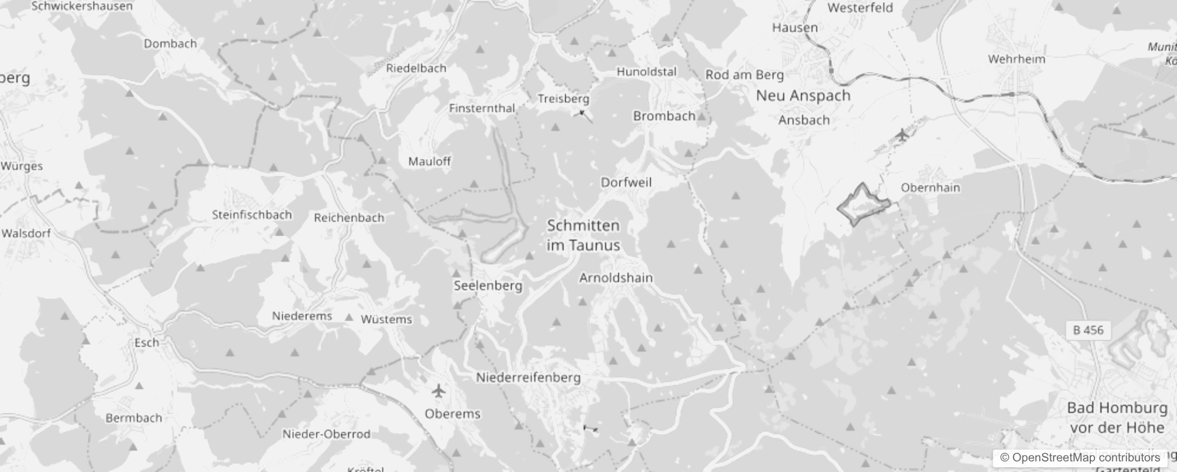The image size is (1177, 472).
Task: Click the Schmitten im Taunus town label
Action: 583,235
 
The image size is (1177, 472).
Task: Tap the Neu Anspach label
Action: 803,96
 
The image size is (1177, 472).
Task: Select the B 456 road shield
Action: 1088,330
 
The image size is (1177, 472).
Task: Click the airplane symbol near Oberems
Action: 438,391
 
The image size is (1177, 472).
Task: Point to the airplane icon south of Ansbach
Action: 902,135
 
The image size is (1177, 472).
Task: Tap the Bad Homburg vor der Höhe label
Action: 1117,417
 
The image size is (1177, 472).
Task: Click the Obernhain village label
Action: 930,188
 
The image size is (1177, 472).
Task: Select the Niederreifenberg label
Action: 528,378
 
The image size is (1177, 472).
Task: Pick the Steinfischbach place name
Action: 252,215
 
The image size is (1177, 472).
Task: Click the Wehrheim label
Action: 1016,59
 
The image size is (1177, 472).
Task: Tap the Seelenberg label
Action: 488,286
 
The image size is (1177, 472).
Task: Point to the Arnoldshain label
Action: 616,277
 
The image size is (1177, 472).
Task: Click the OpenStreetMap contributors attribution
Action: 1080,457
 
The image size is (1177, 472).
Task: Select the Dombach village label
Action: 170,44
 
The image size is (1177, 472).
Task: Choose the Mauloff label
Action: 429,161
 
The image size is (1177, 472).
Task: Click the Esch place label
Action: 146,342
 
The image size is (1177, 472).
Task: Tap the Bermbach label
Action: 133,418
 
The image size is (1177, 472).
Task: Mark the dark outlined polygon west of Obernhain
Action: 863,204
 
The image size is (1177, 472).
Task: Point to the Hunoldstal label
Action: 646,72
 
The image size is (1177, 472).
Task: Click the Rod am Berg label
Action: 744,75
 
